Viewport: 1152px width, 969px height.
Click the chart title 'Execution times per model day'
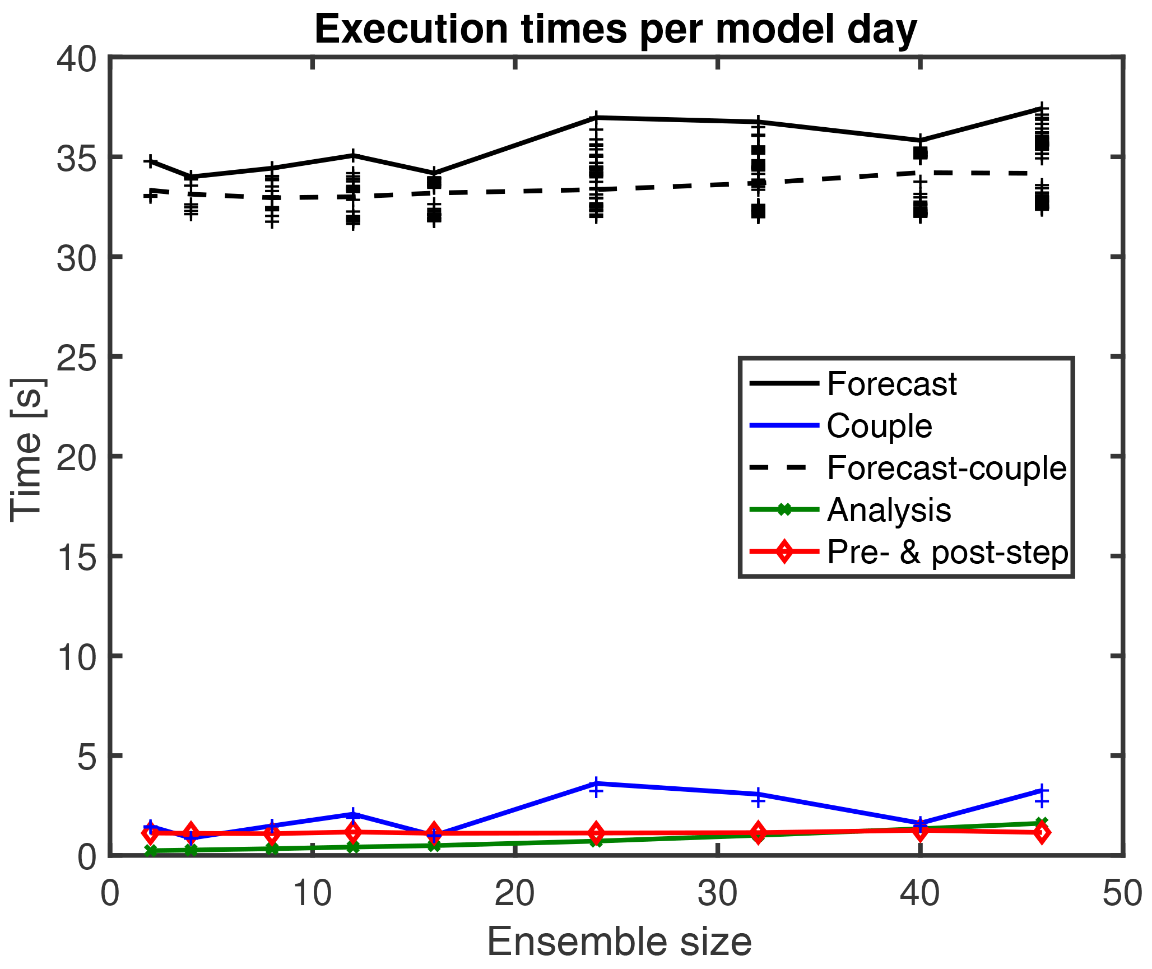pos(615,29)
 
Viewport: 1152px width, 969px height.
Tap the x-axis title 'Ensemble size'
pos(619,942)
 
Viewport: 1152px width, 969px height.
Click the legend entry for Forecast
pos(891,384)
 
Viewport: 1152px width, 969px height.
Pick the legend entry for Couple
pos(879,426)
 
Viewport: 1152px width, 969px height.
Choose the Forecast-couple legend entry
pos(946,468)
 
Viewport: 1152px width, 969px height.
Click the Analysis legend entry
pos(889,510)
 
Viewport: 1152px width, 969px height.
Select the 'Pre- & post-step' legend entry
pos(947,552)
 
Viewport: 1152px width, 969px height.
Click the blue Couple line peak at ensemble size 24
pos(596,783)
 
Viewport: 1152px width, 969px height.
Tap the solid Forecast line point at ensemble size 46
pos(1042,109)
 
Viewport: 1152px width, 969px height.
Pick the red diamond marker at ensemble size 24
pos(596,833)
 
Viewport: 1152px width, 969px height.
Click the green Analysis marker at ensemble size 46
pos(1042,823)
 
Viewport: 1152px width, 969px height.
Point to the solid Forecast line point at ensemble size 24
pos(596,118)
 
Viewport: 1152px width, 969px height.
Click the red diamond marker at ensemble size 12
pos(353,832)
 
